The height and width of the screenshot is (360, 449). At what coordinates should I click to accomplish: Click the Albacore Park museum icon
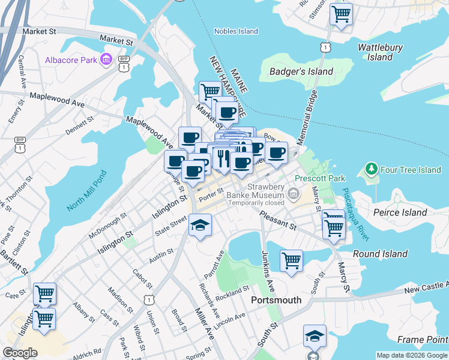106,59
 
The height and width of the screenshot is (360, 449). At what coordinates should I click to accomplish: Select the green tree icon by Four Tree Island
372,170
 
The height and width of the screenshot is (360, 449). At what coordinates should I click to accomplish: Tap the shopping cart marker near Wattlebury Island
341,14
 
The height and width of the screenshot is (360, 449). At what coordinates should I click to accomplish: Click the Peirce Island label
400,212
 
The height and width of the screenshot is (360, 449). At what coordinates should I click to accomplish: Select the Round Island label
381,254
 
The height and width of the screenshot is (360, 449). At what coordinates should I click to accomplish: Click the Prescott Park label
320,178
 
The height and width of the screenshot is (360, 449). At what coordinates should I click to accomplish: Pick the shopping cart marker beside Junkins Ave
291,261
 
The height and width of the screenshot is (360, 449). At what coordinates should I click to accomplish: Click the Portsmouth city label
276,300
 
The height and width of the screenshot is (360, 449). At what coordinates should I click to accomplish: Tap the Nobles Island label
236,31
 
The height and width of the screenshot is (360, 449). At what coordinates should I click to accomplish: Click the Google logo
20,353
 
